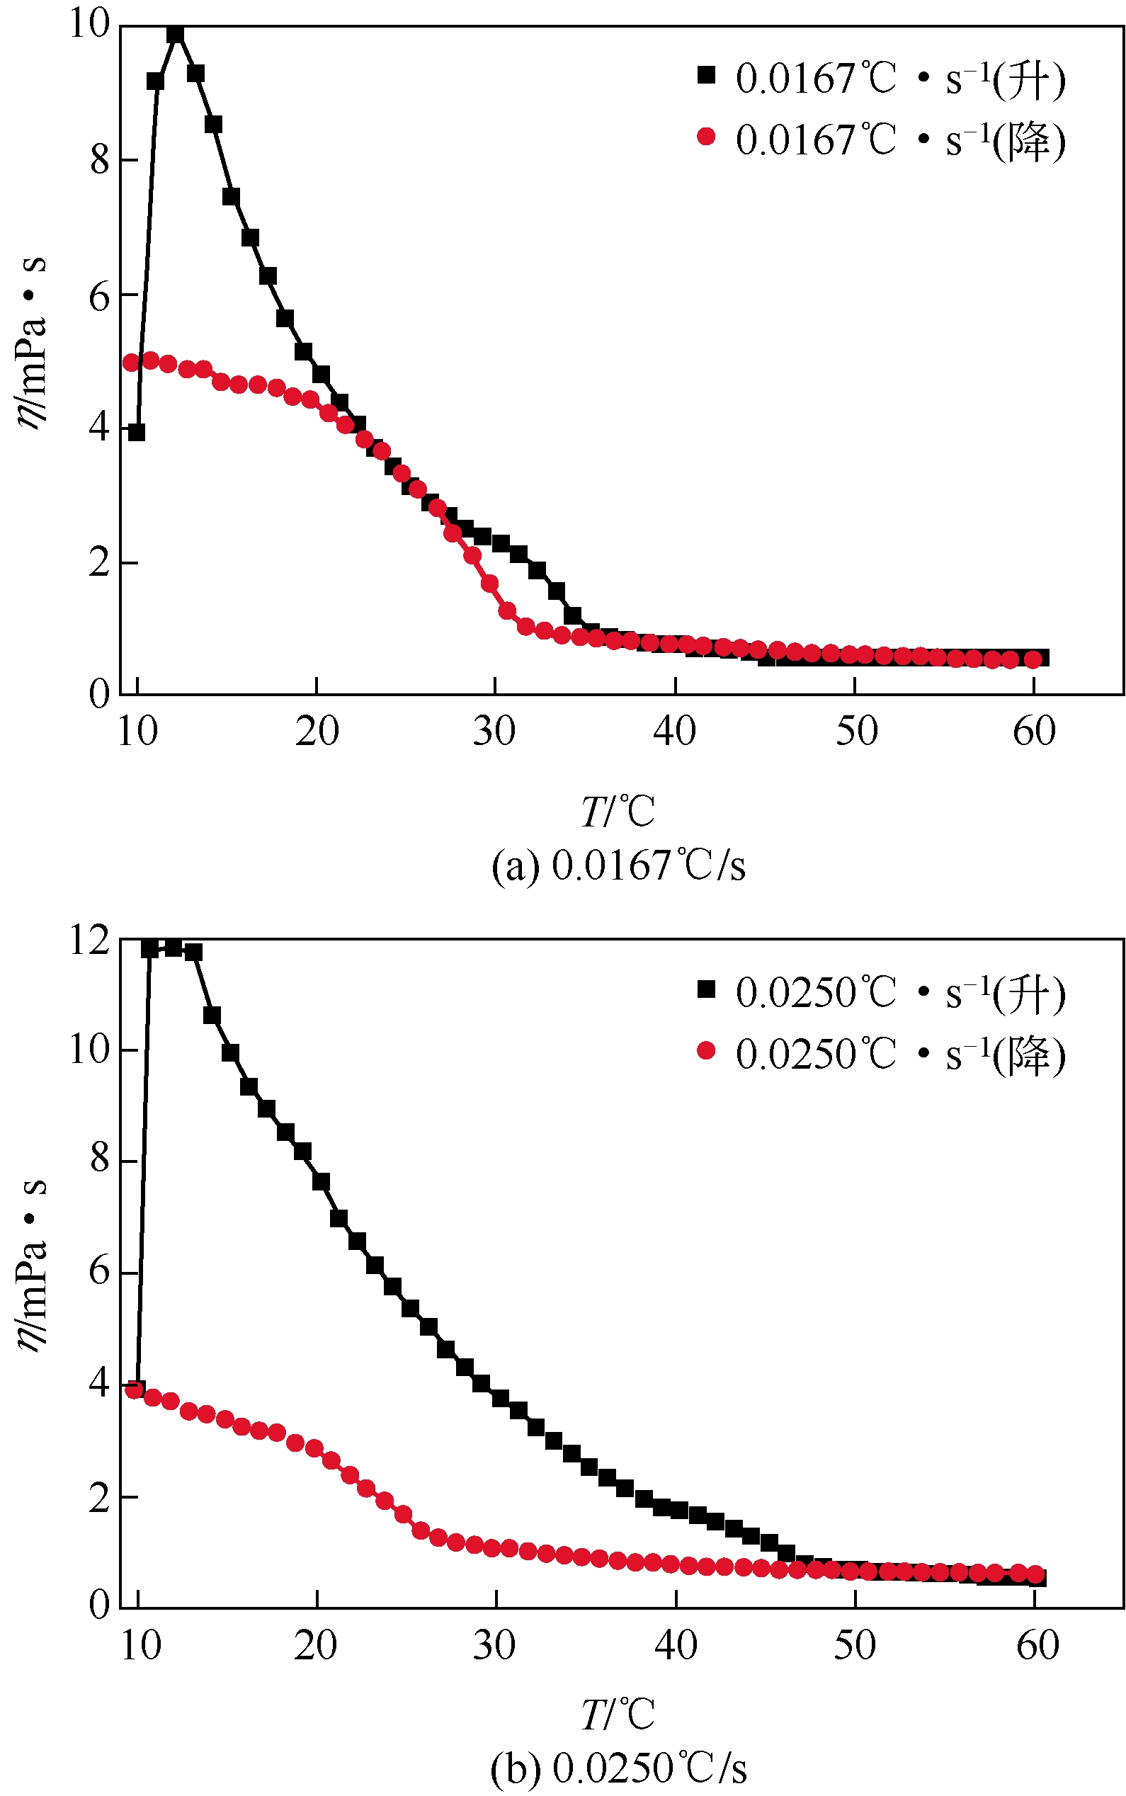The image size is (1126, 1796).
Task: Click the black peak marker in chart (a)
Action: click(x=175, y=34)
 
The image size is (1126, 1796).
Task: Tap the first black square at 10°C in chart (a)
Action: click(x=136, y=432)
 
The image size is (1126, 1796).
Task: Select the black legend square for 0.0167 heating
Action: click(x=706, y=74)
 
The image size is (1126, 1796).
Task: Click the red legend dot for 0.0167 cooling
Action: click(x=706, y=136)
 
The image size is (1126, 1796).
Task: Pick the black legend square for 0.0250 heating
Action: click(x=706, y=989)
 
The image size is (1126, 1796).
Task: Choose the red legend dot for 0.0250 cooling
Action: click(x=706, y=1051)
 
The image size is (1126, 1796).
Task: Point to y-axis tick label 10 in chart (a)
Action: click(x=89, y=24)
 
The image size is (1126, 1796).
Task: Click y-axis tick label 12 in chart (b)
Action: click(x=89, y=940)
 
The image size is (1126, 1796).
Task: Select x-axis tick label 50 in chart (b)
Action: click(x=855, y=1644)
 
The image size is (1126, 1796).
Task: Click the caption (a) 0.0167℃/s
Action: click(x=618, y=865)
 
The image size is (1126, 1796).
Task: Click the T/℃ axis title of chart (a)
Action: click(x=618, y=812)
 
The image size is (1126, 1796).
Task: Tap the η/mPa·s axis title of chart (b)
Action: click(x=31, y=1266)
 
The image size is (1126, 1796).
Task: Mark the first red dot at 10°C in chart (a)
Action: click(x=132, y=363)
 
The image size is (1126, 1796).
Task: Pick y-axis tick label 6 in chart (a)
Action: click(x=99, y=298)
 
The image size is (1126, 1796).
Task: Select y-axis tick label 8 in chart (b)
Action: click(x=99, y=1160)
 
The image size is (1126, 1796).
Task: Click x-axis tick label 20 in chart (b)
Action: click(x=316, y=1644)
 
